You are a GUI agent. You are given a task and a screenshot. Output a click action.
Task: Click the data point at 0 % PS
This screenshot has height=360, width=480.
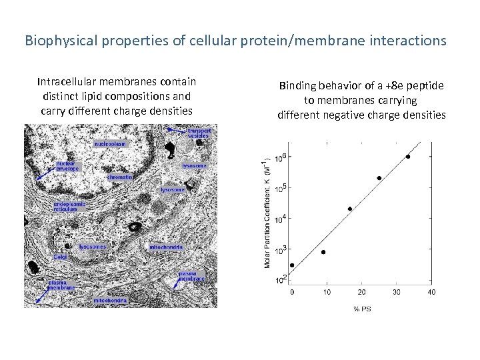(x=292, y=265)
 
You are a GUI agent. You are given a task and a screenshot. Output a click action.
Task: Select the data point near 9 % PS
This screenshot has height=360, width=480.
(x=323, y=252)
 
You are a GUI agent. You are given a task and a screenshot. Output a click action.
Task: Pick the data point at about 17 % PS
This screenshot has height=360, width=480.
(x=350, y=209)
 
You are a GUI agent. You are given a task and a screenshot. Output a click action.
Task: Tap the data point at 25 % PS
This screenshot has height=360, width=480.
(x=379, y=178)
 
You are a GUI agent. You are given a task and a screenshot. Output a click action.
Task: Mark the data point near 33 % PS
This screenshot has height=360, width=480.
(x=408, y=157)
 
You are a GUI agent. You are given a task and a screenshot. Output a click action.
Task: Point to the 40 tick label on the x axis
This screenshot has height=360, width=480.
(x=431, y=292)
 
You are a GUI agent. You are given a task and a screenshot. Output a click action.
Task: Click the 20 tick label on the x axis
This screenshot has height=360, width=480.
(x=361, y=292)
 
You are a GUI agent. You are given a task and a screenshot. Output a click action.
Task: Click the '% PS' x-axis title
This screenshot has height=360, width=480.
(x=361, y=307)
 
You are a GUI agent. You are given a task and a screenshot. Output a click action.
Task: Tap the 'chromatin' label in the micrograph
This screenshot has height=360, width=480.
(x=119, y=177)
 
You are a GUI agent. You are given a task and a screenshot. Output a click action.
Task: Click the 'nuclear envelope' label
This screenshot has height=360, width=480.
(x=67, y=165)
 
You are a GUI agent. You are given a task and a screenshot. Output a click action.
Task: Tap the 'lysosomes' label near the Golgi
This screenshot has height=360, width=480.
(x=92, y=246)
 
